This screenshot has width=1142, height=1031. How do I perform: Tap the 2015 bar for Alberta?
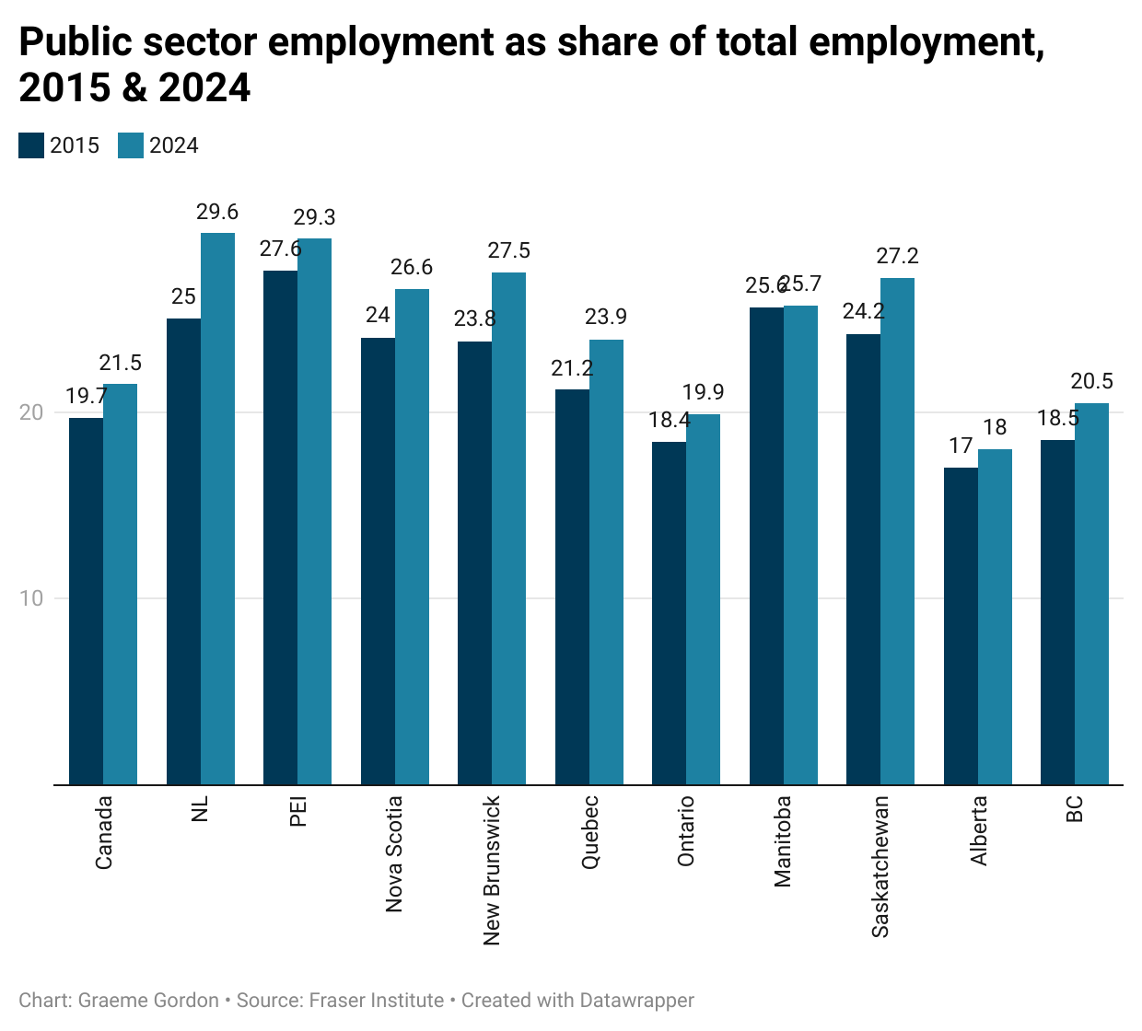(961, 626)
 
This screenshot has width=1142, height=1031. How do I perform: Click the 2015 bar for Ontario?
(669, 613)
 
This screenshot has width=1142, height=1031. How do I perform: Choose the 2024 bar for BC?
(1091, 594)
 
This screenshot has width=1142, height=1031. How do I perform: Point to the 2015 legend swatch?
(31, 145)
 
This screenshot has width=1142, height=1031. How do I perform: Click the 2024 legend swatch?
(131, 145)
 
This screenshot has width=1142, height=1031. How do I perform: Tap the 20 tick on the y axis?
(32, 412)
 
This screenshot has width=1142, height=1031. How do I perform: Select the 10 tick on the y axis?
(32, 598)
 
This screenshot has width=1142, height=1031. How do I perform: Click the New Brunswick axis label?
(492, 870)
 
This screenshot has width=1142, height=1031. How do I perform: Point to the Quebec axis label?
(590, 832)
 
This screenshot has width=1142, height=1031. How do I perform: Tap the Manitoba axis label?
(783, 841)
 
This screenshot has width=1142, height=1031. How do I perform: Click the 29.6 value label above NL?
(217, 213)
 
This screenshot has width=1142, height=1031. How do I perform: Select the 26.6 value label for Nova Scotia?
(412, 268)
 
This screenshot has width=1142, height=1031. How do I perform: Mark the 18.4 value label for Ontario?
(670, 421)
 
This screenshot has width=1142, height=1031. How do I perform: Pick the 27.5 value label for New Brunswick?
(509, 251)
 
